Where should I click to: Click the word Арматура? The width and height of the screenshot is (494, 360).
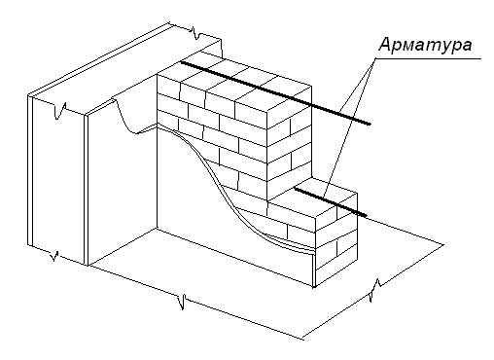[425, 45]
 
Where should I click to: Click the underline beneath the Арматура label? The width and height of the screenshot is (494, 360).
[428, 58]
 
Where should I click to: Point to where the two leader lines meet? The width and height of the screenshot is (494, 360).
[375, 58]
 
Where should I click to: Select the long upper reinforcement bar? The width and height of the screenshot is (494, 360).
[275, 92]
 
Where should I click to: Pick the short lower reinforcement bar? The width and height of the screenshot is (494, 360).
[331, 201]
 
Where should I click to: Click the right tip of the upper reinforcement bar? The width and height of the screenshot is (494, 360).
[370, 124]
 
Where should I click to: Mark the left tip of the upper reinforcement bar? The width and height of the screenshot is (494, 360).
[181, 62]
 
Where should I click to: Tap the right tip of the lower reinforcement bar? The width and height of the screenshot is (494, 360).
[367, 216]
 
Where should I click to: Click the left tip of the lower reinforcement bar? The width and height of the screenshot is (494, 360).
[295, 187]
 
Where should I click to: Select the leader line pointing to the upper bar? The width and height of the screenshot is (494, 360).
[357, 86]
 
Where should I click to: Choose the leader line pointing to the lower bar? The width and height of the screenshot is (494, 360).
[349, 127]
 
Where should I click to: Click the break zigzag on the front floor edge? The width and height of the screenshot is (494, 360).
[183, 302]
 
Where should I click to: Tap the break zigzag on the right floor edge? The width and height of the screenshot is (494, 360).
[375, 290]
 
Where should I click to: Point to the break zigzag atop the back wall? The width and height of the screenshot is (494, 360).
[196, 33]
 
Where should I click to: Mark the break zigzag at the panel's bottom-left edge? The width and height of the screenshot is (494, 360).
[54, 256]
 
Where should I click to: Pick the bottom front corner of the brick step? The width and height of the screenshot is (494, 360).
[314, 287]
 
